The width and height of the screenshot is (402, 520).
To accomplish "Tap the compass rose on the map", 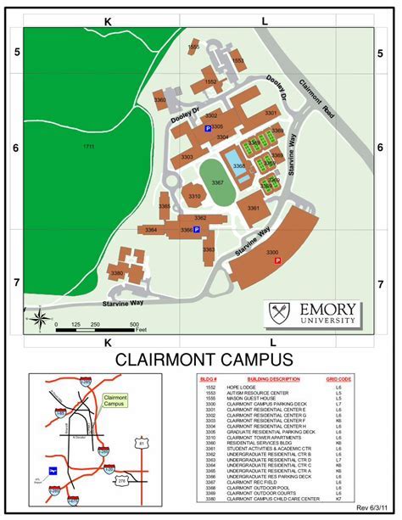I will pos(39,318).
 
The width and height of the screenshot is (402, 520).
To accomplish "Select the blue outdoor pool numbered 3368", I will pos(239,166).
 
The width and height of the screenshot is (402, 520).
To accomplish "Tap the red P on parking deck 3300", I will pos(276,261).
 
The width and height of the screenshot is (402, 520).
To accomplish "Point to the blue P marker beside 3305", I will pos(208,128).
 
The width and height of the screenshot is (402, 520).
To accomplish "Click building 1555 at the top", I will pos(193,48).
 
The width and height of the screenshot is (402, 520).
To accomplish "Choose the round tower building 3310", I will pos(194,196).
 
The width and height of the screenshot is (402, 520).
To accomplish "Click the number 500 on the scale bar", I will pos(134,325).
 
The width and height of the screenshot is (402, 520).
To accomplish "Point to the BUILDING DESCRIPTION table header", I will pos(273,378).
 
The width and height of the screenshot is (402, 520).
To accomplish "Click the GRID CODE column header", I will pos(338,378).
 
